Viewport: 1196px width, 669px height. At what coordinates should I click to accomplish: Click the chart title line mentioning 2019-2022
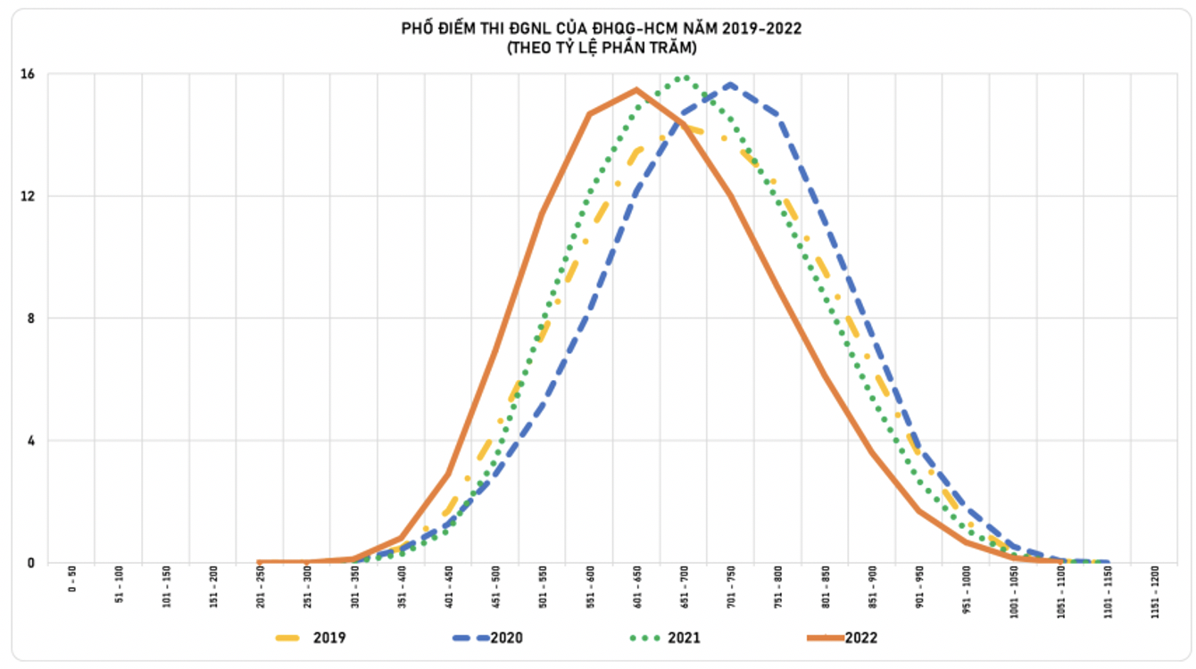pyautogui.click(x=602, y=29)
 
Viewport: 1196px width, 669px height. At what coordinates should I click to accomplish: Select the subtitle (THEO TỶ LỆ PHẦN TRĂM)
pyautogui.click(x=602, y=48)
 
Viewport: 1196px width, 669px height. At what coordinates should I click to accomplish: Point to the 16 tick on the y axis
pyautogui.click(x=28, y=74)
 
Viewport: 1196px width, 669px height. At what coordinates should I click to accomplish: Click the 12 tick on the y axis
pyautogui.click(x=28, y=196)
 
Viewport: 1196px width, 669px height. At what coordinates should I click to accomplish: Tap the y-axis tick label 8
pyautogui.click(x=30, y=318)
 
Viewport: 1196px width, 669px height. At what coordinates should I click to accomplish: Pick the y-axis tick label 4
pyautogui.click(x=30, y=441)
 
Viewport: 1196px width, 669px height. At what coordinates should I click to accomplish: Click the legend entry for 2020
pyautogui.click(x=505, y=638)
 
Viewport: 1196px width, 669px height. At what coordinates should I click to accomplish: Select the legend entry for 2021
pyautogui.click(x=683, y=638)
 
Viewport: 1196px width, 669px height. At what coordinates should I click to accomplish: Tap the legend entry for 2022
pyautogui.click(x=860, y=638)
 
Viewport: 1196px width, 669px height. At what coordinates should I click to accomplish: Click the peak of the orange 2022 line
pyautogui.click(x=636, y=89)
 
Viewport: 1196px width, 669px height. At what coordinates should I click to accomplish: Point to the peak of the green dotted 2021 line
pyautogui.click(x=684, y=77)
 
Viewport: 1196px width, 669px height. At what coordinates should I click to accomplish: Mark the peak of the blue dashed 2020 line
pyautogui.click(x=730, y=85)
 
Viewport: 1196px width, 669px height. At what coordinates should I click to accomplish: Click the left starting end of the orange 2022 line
pyautogui.click(x=259, y=562)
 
